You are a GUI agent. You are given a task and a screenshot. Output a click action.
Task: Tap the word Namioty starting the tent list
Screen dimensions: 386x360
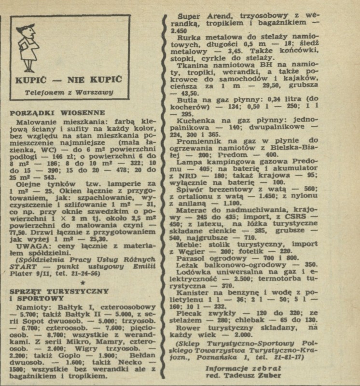click(x=32, y=307)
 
